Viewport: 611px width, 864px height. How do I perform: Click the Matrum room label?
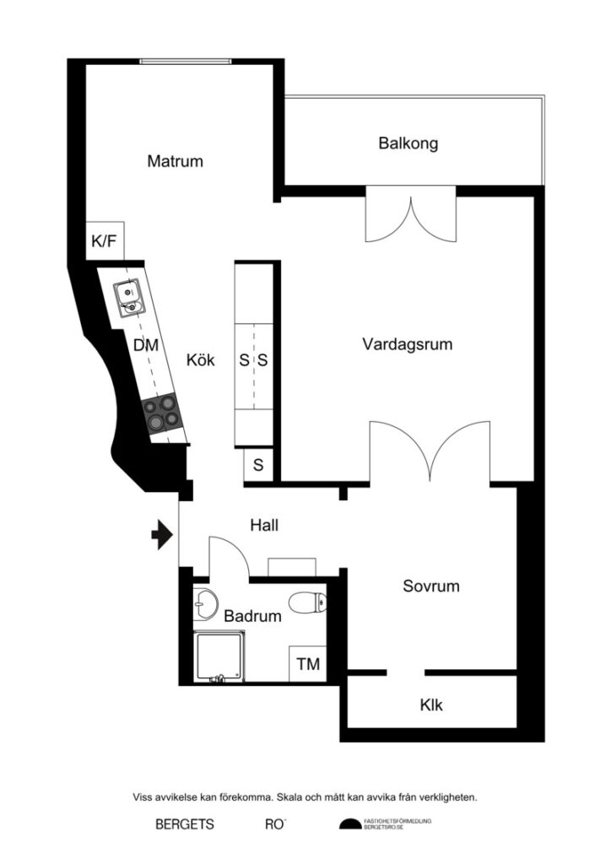pyautogui.click(x=175, y=161)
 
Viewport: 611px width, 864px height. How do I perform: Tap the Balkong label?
pyautogui.click(x=408, y=143)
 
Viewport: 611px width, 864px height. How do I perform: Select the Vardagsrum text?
pyautogui.click(x=408, y=344)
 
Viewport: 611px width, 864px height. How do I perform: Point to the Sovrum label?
pyautogui.click(x=430, y=586)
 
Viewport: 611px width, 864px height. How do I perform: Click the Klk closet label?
pyautogui.click(x=431, y=705)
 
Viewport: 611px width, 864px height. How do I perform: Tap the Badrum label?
pyautogui.click(x=252, y=617)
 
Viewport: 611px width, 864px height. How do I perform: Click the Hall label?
pyautogui.click(x=264, y=525)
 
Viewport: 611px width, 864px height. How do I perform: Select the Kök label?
pyautogui.click(x=201, y=361)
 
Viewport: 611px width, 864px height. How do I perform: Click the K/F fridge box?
pyautogui.click(x=104, y=242)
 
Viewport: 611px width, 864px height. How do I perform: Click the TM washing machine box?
pyautogui.click(x=308, y=665)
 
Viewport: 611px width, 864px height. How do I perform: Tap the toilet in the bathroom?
pyautogui.click(x=306, y=602)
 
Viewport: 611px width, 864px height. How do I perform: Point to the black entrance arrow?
pyautogui.click(x=161, y=535)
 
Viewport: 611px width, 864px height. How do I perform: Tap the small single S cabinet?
pyautogui.click(x=258, y=465)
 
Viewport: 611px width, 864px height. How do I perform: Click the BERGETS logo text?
pyautogui.click(x=185, y=824)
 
